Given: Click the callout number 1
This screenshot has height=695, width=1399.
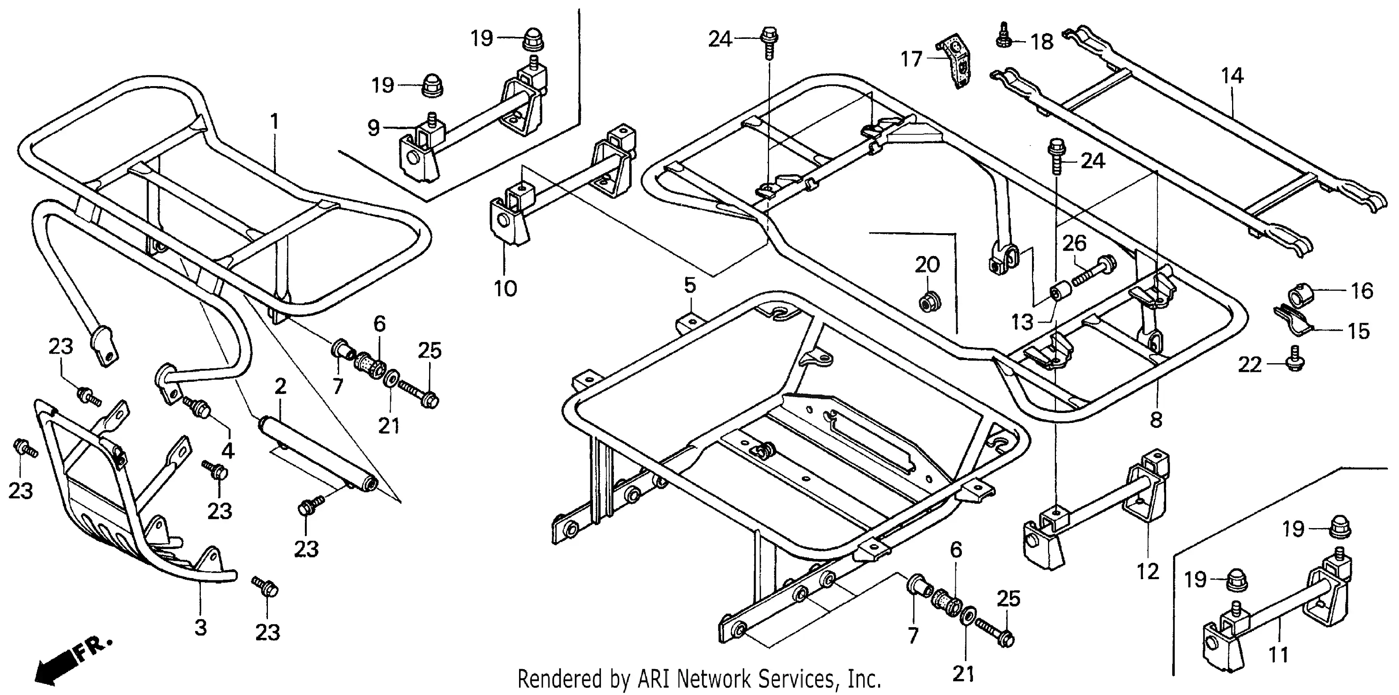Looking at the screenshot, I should coord(274,122).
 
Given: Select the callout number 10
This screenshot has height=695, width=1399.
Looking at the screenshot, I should coord(505,288).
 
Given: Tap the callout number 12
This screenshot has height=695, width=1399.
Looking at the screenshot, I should coord(1147,571).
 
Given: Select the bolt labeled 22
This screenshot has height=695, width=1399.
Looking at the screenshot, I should coord(1295,360).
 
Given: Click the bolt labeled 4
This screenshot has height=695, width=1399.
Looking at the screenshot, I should coord(198,407).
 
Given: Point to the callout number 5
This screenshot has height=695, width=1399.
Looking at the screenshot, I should coord(689,285).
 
